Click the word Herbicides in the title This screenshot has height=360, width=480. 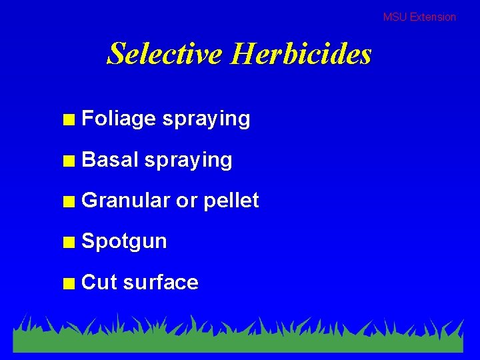tap(301, 53)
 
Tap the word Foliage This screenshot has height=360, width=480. tap(118, 119)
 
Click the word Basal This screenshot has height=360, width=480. tap(109, 160)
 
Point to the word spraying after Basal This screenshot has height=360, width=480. tap(188, 161)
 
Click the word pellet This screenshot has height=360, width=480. tap(231, 201)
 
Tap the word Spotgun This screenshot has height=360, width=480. tap(124, 242)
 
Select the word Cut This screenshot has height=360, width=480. tap(99, 283)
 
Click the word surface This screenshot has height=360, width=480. tap(161, 283)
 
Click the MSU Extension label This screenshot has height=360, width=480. tap(419, 17)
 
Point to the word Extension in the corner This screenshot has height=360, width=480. tap(433, 17)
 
